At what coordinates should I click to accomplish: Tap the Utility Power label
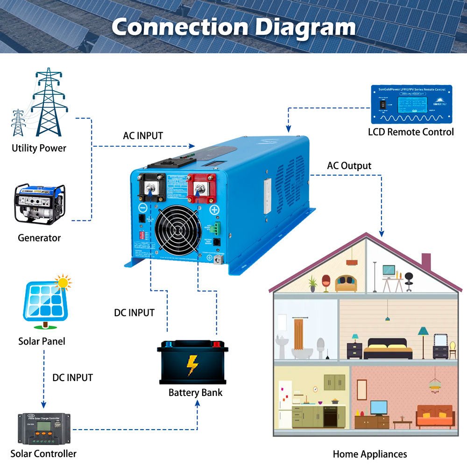click(x=39, y=149)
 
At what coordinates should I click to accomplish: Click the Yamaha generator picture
click(x=40, y=203)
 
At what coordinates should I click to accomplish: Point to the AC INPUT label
click(x=143, y=136)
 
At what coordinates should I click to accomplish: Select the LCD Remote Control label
click(x=410, y=132)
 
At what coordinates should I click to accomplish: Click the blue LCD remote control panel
click(x=411, y=104)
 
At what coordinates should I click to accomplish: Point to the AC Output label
click(x=349, y=166)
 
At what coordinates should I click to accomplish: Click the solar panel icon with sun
click(x=46, y=301)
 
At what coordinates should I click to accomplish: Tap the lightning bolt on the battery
click(x=192, y=365)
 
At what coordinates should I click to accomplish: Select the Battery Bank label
click(x=195, y=392)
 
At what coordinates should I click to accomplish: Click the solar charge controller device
click(x=44, y=428)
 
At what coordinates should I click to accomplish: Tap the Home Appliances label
click(x=369, y=454)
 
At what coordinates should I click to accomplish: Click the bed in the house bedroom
click(x=388, y=349)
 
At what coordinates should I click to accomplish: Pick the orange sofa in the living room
click(x=435, y=417)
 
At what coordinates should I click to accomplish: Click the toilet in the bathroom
click(x=321, y=348)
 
